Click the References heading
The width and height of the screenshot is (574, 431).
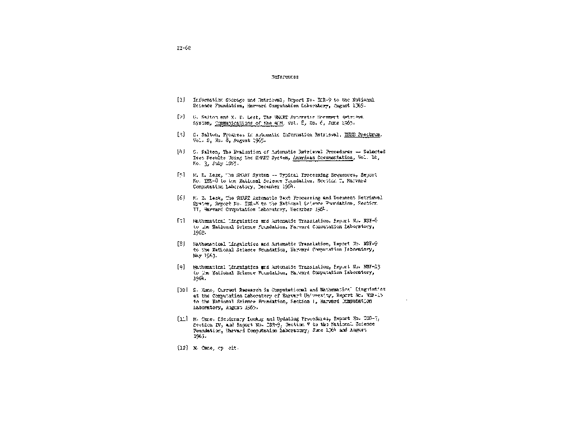point(285,77)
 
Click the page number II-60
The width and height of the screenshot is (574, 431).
point(184,48)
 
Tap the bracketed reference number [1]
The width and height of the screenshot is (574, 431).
point(181,100)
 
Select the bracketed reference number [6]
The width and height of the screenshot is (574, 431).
point(181,198)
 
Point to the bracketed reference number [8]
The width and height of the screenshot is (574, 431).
point(181,244)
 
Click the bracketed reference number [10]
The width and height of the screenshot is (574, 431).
point(182,290)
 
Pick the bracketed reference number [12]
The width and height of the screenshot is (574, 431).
point(182,348)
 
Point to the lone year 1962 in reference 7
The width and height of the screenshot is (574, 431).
point(200,232)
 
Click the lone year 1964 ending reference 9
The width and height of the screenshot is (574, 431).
point(200,278)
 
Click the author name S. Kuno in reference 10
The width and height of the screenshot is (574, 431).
point(204,290)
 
